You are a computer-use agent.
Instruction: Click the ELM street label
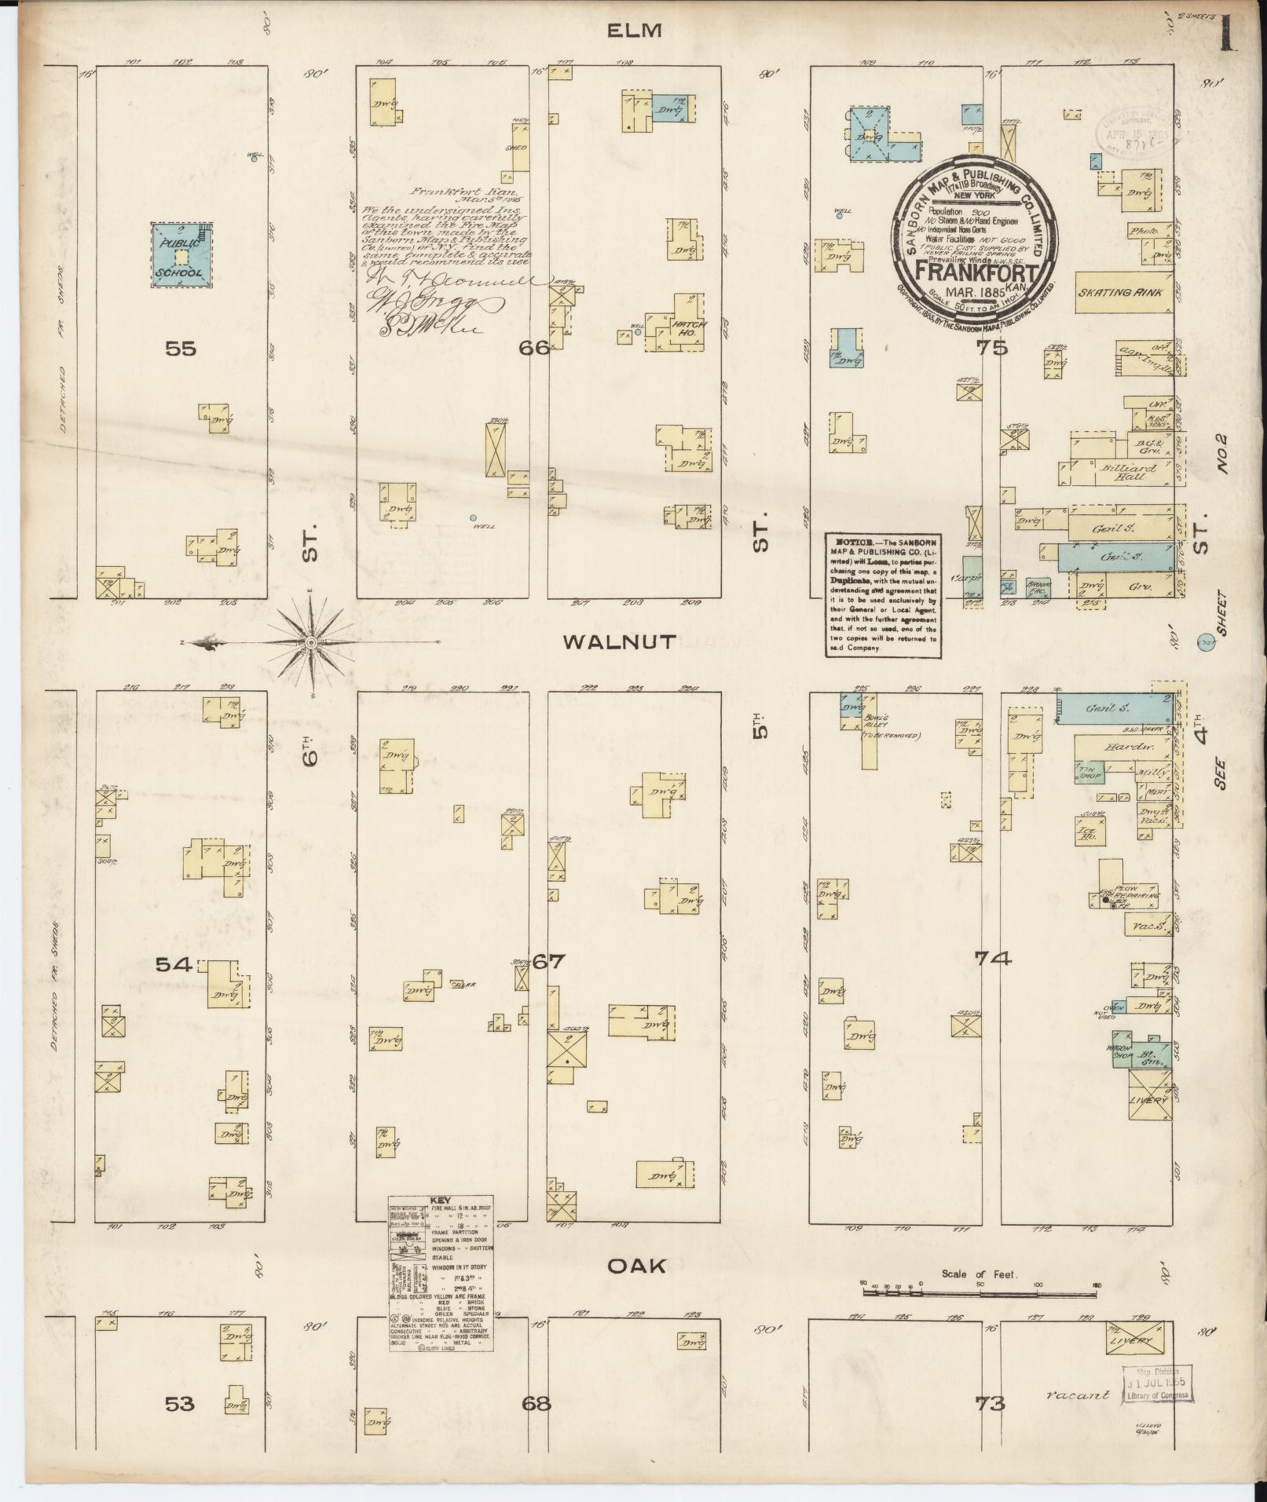(x=634, y=31)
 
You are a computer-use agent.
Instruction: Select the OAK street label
(x=637, y=1265)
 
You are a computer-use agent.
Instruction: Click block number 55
(x=180, y=349)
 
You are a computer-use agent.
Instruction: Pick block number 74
(x=993, y=958)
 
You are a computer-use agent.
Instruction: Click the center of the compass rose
(x=312, y=643)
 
